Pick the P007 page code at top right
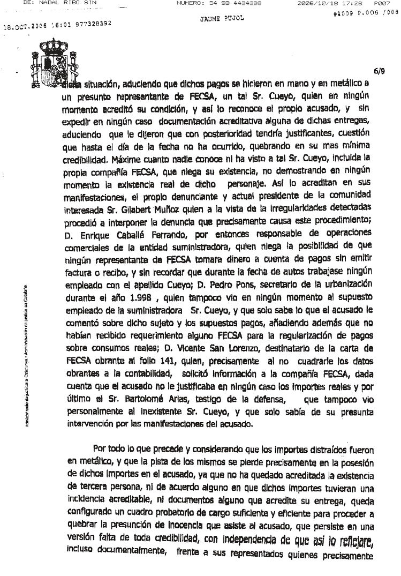(386, 3)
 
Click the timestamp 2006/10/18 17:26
(324, 3)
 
